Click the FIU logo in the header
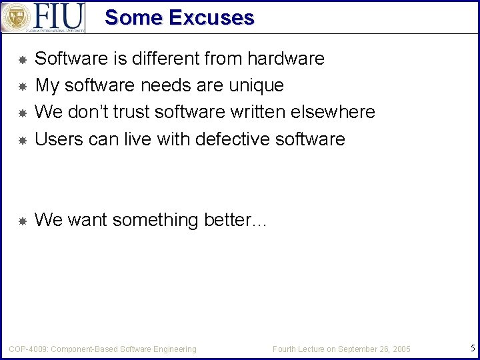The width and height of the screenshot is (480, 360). tap(43, 17)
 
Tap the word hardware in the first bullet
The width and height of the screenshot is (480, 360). tap(285, 59)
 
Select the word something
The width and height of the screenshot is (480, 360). tap(155, 219)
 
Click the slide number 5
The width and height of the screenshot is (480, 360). tap(472, 347)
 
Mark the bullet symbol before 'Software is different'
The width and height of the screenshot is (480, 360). tap(21, 60)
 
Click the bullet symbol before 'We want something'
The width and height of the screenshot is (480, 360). tap(21, 221)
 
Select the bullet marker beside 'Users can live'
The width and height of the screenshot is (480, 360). tap(21, 140)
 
